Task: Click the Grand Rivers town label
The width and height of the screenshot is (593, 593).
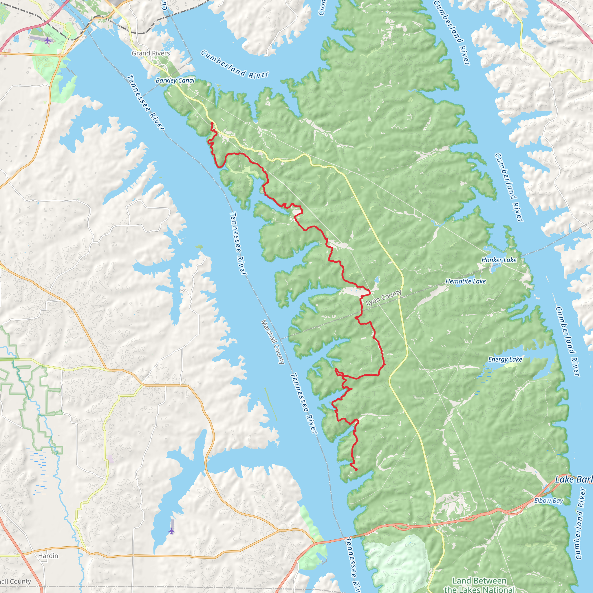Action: point(151,53)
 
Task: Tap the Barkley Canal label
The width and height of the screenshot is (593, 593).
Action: point(175,80)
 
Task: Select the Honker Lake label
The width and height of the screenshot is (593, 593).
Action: point(499,260)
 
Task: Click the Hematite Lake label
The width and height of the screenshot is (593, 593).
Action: point(466,281)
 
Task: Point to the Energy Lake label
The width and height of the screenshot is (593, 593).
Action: point(505,359)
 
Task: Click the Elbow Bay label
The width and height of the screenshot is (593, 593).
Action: point(548,501)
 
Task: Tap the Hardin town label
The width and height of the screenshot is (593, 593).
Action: point(48,556)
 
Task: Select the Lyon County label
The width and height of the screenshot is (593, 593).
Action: point(384,298)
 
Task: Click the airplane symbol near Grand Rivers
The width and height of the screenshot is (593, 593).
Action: point(47,40)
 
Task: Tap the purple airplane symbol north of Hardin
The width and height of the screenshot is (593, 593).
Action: point(171,531)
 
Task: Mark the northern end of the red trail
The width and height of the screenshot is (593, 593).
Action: point(212,123)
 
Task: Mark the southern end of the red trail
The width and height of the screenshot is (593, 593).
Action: point(356,470)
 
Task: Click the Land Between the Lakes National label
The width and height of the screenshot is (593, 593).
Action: point(479,585)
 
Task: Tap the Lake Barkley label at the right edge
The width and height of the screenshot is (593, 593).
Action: point(573,479)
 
